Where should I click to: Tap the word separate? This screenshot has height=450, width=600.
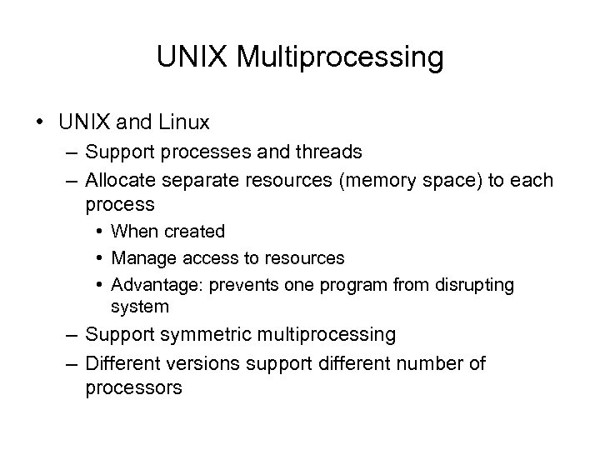[x=203, y=180]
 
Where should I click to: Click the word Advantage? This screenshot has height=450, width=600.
[x=150, y=285]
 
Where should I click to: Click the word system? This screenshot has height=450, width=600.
[x=139, y=307]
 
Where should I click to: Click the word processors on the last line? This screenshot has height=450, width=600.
[x=133, y=387]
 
